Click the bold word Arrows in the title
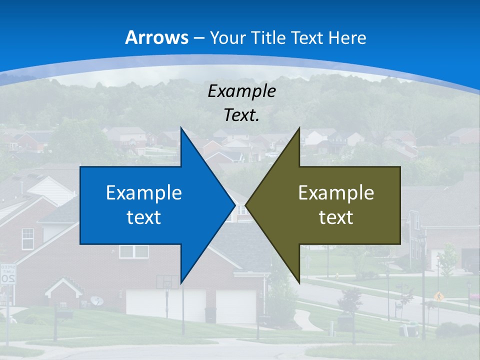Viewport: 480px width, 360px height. point(157,37)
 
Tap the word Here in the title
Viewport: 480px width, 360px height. point(347,37)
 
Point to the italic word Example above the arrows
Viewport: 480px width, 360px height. point(241,91)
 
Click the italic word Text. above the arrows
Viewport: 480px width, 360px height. point(241,115)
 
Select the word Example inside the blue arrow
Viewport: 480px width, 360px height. point(144,192)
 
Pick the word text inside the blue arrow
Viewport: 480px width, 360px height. point(144,217)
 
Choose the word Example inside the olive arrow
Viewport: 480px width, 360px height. point(336,192)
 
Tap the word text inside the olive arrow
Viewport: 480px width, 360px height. point(336,217)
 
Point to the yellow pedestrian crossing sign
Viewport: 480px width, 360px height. point(438,296)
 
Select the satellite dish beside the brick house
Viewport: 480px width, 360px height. point(97,301)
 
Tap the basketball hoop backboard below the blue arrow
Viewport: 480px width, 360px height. point(166,282)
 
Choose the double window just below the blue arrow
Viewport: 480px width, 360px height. point(133,251)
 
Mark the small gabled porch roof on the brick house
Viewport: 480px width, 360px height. point(63,287)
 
